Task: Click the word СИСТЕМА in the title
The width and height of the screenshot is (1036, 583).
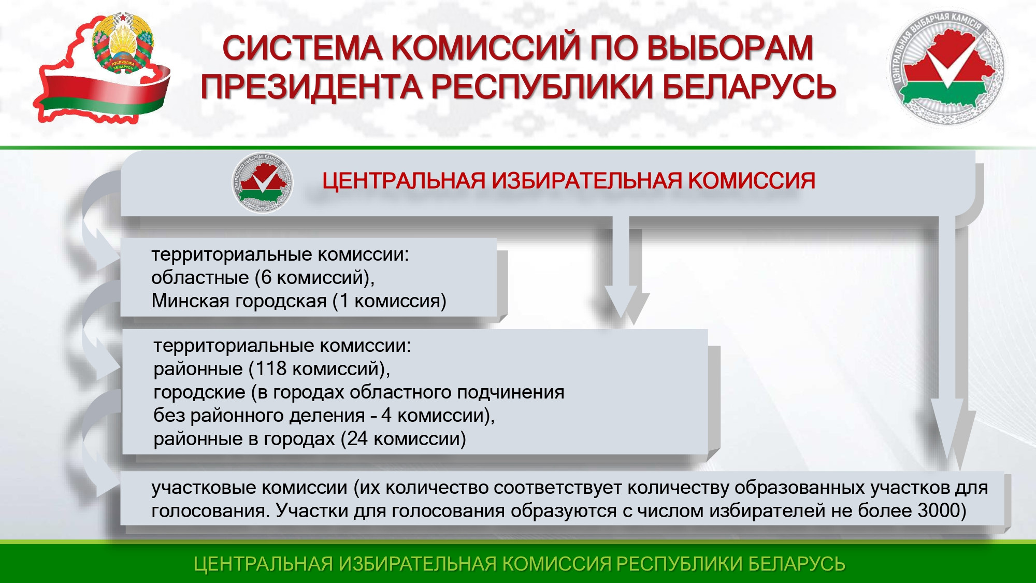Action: click(303, 48)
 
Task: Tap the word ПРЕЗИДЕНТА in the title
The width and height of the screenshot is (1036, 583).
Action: click(312, 87)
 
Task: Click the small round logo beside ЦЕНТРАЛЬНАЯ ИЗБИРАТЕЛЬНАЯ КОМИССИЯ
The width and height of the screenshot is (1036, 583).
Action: click(262, 183)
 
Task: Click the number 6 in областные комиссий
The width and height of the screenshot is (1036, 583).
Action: click(266, 278)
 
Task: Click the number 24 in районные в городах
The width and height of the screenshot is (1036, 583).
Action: click(357, 438)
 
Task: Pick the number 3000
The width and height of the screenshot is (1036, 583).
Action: click(939, 510)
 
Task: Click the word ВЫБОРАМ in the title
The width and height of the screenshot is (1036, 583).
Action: click(730, 48)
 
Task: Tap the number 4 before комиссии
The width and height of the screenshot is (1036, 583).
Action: click(386, 416)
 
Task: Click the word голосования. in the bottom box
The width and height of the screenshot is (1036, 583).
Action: click(210, 511)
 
